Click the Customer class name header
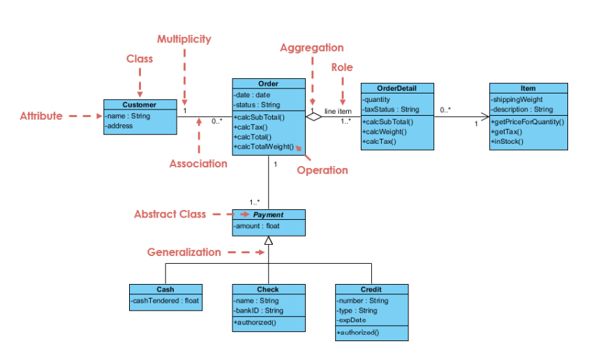[x=140, y=105]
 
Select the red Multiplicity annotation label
[x=184, y=39]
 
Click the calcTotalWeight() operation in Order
[x=265, y=147]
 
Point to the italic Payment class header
[x=268, y=214]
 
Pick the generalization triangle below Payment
[x=269, y=241]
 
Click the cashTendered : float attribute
[x=165, y=301]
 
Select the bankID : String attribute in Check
[x=258, y=310]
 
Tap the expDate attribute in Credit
[x=352, y=320]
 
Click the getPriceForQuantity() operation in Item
[x=528, y=121]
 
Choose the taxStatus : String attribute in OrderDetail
[x=391, y=110]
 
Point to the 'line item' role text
[x=338, y=112]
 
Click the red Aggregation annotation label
[x=311, y=48]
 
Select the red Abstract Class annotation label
[x=170, y=214]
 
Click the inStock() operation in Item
[x=507, y=141]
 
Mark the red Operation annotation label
[x=322, y=170]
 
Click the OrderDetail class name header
[x=396, y=88]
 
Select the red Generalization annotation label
[x=184, y=253]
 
